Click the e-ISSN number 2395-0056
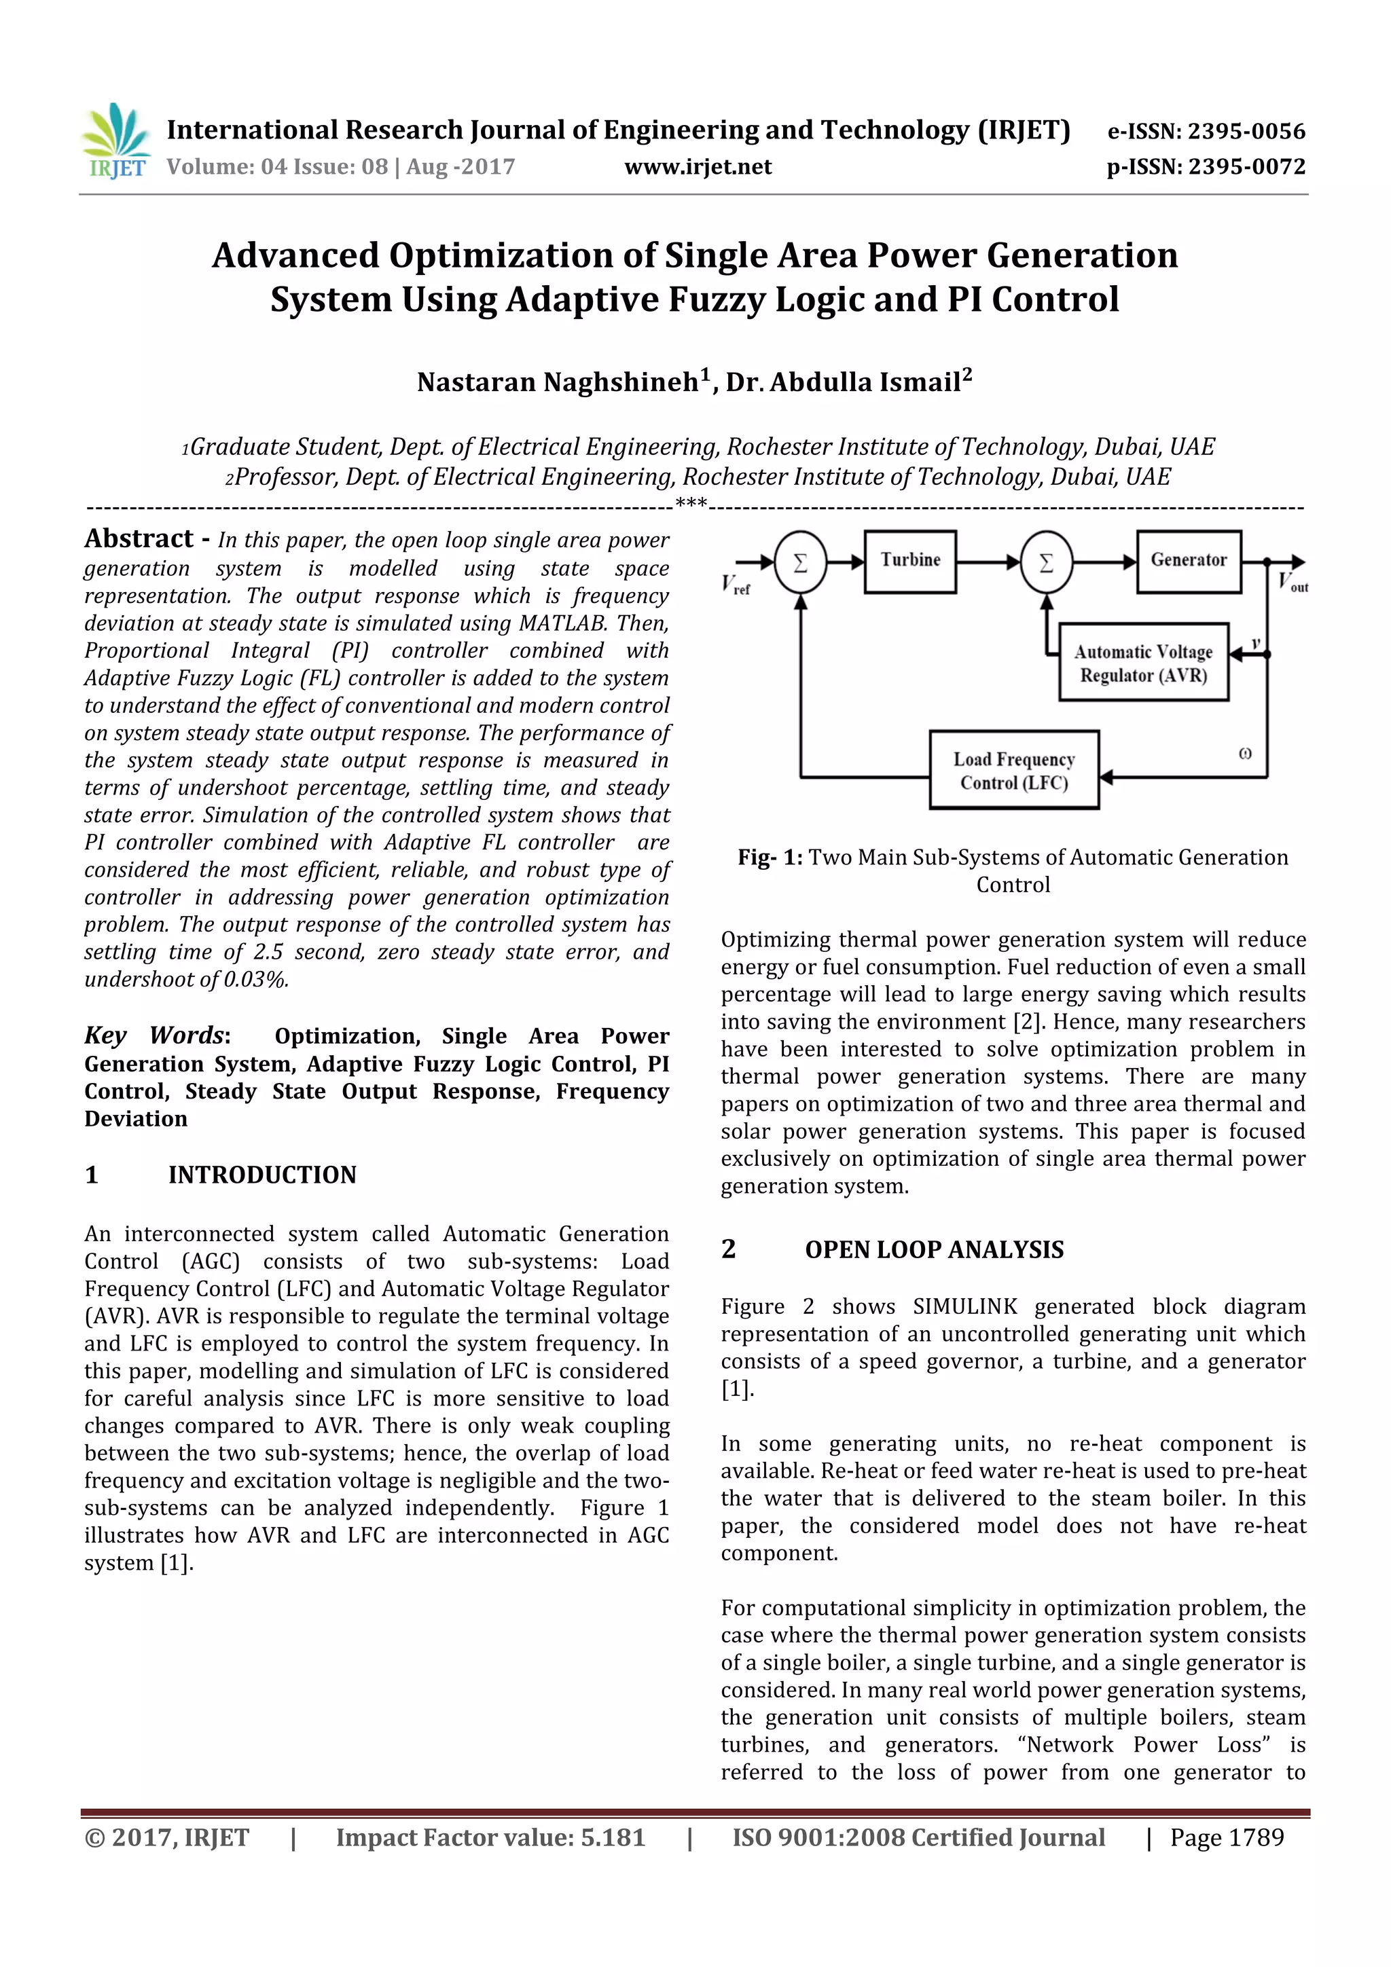coord(1246,132)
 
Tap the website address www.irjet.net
coord(698,167)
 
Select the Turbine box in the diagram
coord(909,561)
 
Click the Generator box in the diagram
coord(1188,561)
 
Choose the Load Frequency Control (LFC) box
coord(1013,770)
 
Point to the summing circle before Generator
coord(1045,563)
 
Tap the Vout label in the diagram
coord(1292,583)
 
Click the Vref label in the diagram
coord(734,585)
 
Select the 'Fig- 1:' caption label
coord(770,858)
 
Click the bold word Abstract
coord(139,539)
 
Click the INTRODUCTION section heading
coord(261,1175)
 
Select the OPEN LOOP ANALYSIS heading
coord(933,1250)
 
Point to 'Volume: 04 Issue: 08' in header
coord(277,167)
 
